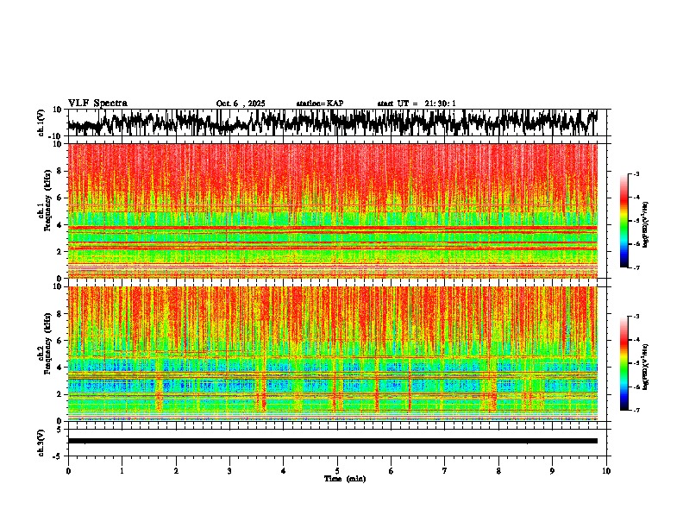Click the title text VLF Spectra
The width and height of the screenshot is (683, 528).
(x=97, y=103)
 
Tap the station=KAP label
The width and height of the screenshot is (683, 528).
(x=319, y=104)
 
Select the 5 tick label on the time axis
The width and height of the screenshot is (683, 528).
(x=337, y=470)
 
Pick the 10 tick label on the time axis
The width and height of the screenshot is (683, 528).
(x=606, y=470)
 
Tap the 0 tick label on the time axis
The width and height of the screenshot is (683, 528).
(x=68, y=470)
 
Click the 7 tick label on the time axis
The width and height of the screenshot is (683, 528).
(x=445, y=470)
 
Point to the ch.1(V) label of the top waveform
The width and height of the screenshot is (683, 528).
(x=41, y=123)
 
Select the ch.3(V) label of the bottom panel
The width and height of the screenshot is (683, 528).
(x=41, y=441)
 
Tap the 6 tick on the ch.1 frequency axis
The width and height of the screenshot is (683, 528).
(x=60, y=198)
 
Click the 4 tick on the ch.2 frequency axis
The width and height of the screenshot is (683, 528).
(x=60, y=368)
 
